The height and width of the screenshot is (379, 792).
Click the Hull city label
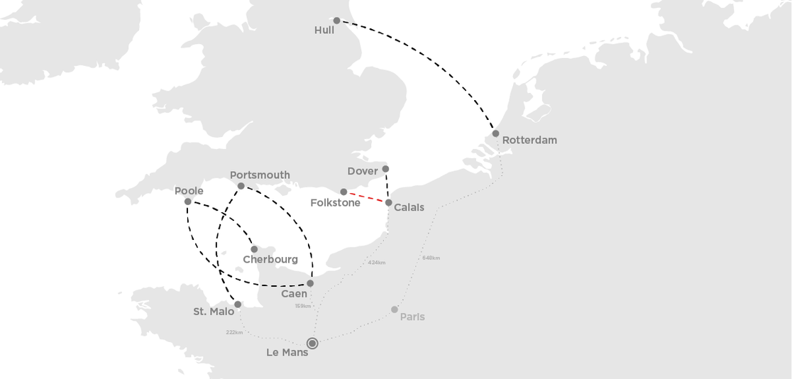324,31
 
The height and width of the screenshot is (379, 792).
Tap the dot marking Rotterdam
495,133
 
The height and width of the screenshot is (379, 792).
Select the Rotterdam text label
529,140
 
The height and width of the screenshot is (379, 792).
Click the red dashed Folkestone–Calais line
365,197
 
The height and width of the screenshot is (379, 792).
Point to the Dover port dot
385,169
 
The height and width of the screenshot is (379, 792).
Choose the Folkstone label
335,203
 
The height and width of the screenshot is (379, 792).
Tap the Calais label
409,207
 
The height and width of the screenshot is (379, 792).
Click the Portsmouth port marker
241,186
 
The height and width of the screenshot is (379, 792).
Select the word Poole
189,191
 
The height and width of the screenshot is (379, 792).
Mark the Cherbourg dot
254,249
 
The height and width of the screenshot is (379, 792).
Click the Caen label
294,293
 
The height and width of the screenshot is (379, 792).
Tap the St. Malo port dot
238,304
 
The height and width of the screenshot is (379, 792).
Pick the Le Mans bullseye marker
312,344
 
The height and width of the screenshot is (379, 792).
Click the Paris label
412,317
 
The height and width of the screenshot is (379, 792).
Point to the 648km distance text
431,258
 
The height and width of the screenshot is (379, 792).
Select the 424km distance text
376,263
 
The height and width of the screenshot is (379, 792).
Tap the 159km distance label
302,306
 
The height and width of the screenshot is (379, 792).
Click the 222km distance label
234,332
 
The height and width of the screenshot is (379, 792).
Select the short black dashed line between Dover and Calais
387,186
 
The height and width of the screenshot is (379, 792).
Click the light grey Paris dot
395,309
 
